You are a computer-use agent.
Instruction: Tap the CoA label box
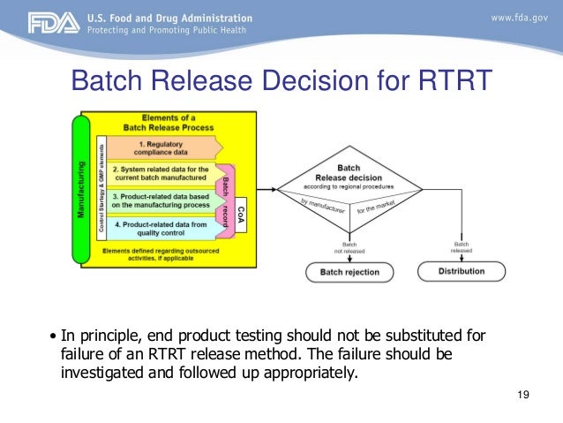click(240, 203)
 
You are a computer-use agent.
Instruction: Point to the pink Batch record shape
click(224, 200)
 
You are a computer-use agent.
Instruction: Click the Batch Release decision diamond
click(360, 188)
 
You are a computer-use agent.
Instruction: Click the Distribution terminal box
click(461, 271)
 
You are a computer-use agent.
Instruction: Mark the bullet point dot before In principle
click(54, 336)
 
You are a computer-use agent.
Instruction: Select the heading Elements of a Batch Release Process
click(175, 122)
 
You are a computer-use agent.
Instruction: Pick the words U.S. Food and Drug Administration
click(169, 18)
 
